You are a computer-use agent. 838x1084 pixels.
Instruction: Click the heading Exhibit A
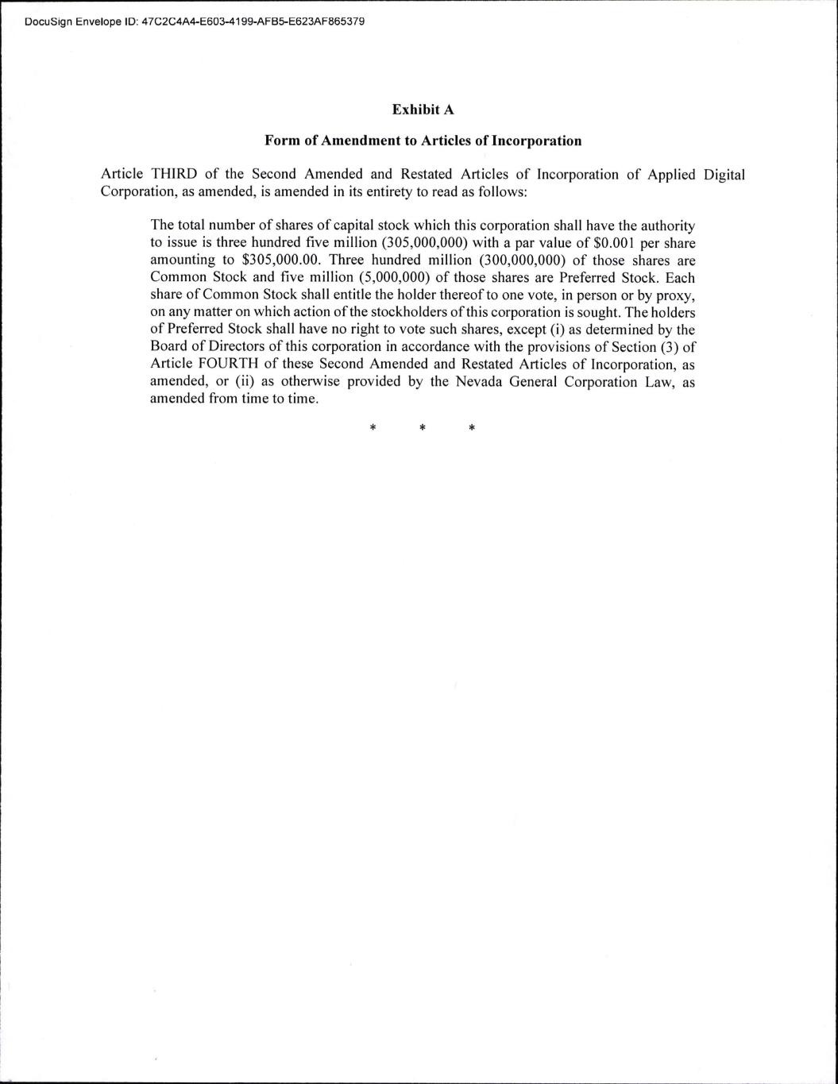pyautogui.click(x=423, y=110)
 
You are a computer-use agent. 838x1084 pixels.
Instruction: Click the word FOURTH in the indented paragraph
pyautogui.click(x=214, y=365)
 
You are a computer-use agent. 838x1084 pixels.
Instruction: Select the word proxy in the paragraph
pyautogui.click(x=675, y=295)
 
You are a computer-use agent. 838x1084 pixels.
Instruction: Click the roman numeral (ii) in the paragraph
pyautogui.click(x=243, y=382)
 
